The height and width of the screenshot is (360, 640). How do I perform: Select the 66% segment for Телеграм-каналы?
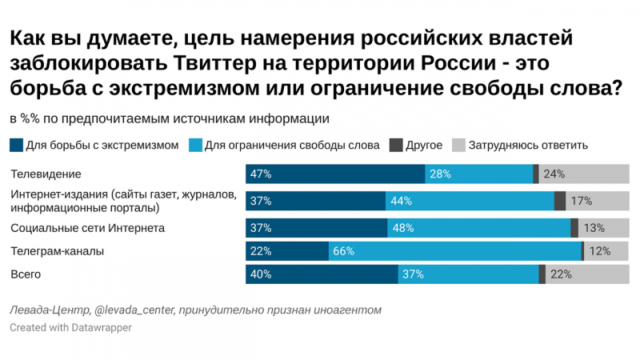point(454,251)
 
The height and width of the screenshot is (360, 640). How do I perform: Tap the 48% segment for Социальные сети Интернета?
point(478,227)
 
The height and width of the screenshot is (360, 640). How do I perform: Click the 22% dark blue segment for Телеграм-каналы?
point(286,251)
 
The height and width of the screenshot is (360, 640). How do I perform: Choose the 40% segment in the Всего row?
point(321,274)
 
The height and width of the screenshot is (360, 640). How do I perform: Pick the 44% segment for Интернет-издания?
point(470,202)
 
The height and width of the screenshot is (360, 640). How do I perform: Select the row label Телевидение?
point(46,174)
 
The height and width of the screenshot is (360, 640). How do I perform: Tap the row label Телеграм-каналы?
point(57,251)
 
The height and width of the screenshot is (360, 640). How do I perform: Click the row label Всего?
point(26,274)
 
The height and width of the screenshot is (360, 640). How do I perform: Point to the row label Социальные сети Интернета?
point(87,228)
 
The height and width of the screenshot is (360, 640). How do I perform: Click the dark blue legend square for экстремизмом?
point(16,146)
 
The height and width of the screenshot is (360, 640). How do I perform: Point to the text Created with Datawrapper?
point(70,328)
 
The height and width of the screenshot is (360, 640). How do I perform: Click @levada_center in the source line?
point(136,310)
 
